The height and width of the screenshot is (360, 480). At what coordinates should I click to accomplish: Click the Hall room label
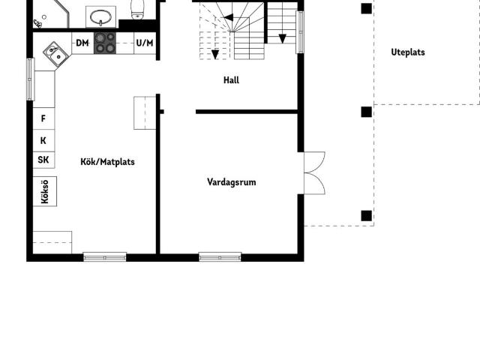[231, 80]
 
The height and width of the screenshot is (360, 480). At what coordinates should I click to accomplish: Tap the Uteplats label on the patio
[408, 52]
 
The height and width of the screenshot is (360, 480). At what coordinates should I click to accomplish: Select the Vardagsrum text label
[232, 181]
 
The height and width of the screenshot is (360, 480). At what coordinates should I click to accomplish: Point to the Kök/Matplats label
[108, 161]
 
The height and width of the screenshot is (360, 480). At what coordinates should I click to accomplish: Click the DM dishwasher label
[82, 43]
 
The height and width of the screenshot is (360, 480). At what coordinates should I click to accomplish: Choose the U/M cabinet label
[145, 43]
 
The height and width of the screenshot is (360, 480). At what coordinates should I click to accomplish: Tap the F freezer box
[43, 118]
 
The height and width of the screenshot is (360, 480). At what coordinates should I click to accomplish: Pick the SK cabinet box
[43, 160]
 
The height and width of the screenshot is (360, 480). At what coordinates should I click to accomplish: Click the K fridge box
[43, 139]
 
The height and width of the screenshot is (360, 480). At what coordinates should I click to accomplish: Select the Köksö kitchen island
[44, 190]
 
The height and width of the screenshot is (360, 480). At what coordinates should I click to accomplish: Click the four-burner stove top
[105, 43]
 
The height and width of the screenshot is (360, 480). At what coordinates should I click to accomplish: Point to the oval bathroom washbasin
[100, 15]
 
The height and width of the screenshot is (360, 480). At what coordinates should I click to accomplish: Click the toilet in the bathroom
[137, 8]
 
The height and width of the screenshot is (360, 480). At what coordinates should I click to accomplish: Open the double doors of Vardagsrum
[314, 172]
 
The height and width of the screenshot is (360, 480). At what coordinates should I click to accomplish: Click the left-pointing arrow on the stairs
[229, 17]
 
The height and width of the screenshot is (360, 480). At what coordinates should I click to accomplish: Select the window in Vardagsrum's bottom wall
[220, 256]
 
